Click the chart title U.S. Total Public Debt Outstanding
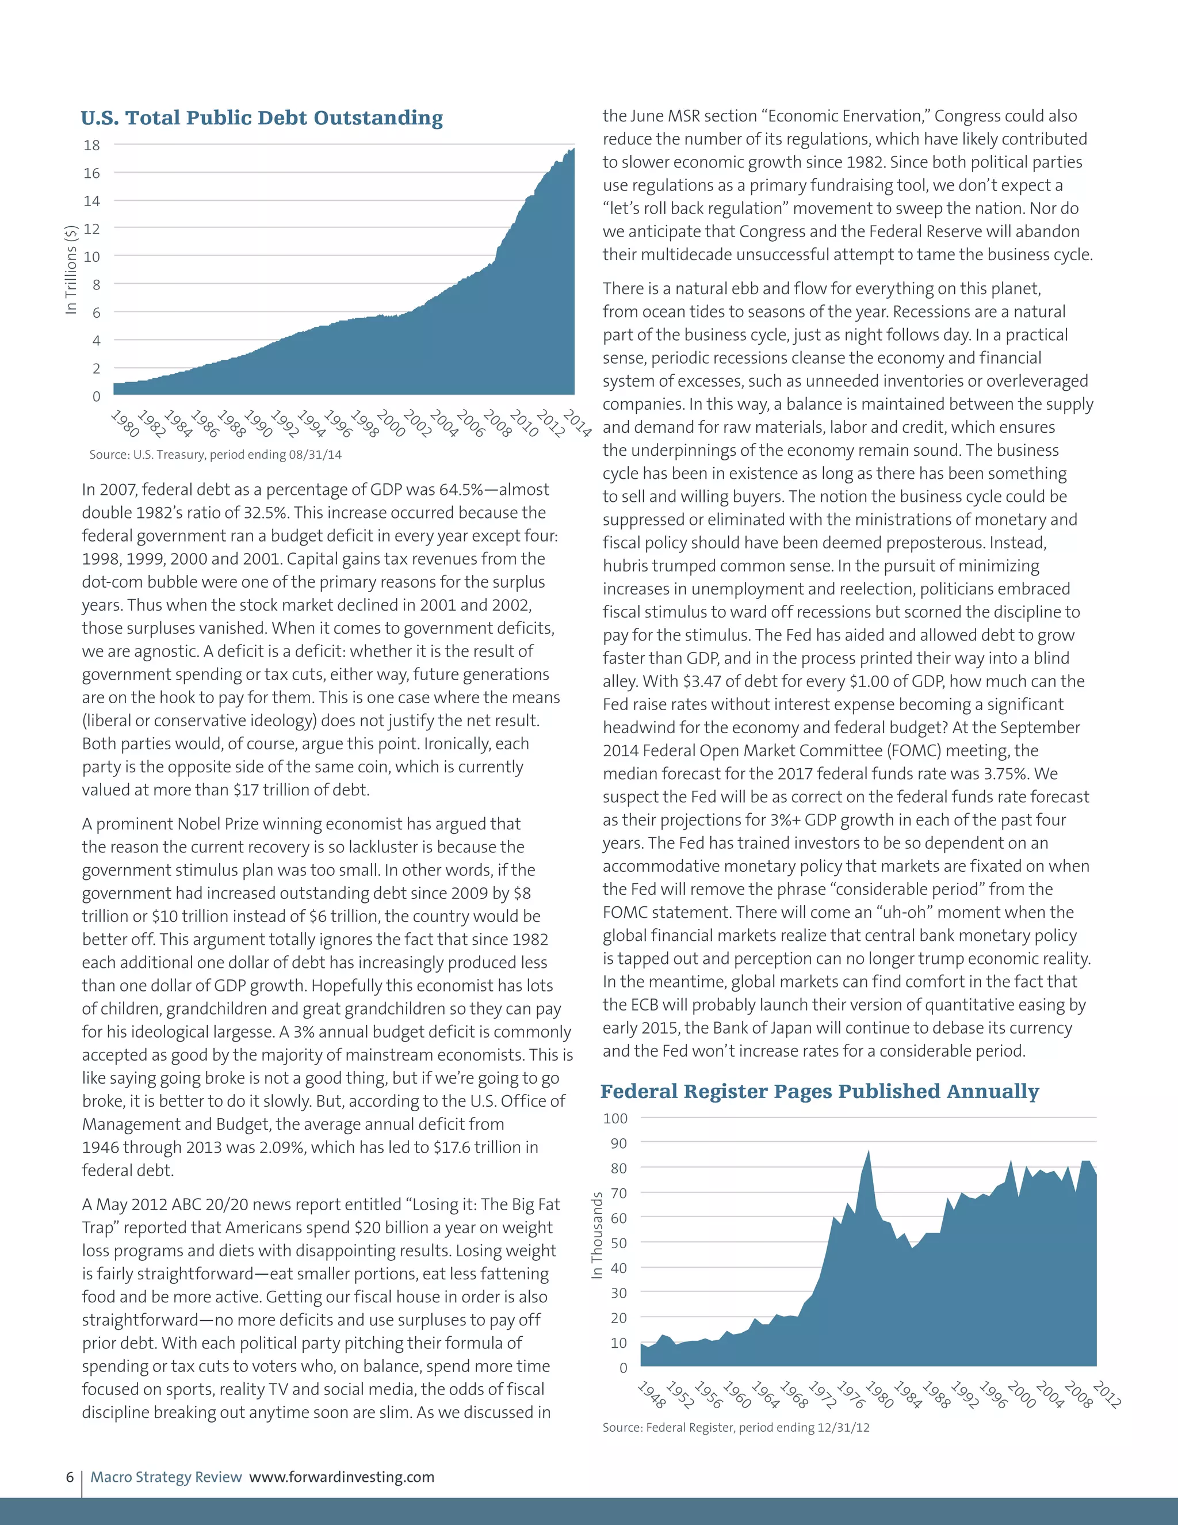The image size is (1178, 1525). point(262,118)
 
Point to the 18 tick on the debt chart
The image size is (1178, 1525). point(91,145)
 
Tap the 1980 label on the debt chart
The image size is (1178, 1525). point(125,423)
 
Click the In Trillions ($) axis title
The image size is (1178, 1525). point(71,270)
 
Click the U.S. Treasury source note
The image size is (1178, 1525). point(215,455)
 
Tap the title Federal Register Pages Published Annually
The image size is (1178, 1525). point(819,1091)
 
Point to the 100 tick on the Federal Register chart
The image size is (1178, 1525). point(615,1119)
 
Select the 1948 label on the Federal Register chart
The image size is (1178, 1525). point(652,1394)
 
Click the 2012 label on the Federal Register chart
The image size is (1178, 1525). point(1107,1394)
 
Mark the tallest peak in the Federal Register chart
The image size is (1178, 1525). point(868,1152)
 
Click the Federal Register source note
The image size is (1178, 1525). point(736,1427)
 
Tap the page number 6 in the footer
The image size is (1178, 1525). point(70,1477)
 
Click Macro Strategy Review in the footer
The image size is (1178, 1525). point(166,1477)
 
